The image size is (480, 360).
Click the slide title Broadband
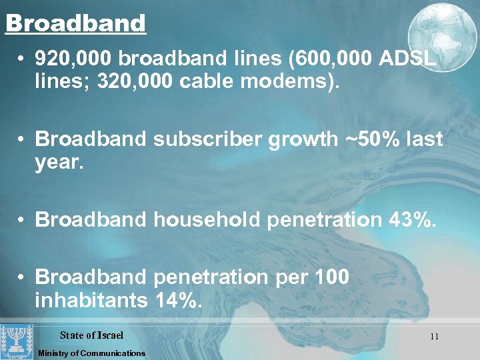(x=75, y=23)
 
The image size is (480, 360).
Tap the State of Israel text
(x=91, y=335)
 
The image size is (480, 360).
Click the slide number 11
(x=434, y=337)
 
